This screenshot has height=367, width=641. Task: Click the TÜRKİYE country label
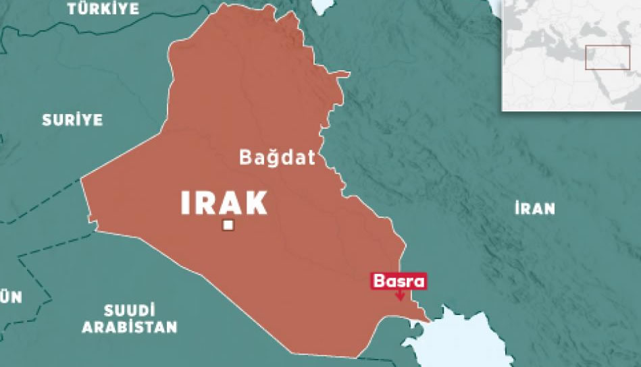[103, 9]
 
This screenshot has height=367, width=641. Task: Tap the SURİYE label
[72, 120]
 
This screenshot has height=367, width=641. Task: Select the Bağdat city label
[277, 159]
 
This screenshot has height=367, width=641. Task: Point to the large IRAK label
[224, 203]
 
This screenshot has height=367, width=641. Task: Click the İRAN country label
[534, 208]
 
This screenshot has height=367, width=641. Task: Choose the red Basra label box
[399, 281]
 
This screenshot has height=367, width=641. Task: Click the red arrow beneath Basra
[400, 295]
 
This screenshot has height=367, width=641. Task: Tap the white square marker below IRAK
[229, 226]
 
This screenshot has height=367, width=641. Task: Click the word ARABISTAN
[130, 328]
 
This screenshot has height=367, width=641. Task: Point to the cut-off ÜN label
[11, 298]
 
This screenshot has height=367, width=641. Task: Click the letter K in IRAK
[255, 203]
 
